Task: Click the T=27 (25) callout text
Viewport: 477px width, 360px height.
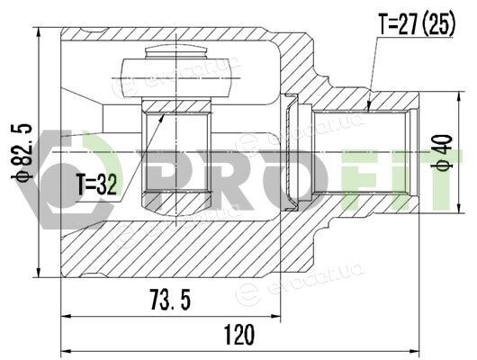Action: point(417,23)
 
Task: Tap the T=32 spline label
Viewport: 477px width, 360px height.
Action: point(96,184)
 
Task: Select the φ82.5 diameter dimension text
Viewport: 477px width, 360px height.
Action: point(22,152)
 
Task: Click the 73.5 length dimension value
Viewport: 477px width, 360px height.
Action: point(171,300)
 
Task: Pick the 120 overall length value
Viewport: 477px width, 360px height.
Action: point(239,335)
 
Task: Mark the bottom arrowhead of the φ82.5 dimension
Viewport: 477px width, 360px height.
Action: point(39,273)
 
